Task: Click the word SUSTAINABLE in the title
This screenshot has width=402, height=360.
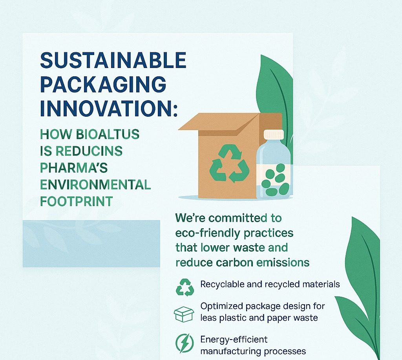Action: (113, 60)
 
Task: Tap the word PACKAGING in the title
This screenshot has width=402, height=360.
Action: (103, 84)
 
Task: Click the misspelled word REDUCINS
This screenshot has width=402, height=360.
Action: (89, 151)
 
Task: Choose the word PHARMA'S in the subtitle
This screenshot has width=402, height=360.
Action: (74, 168)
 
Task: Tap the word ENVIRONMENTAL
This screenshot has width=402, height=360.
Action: (95, 185)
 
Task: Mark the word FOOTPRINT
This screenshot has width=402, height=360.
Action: (77, 202)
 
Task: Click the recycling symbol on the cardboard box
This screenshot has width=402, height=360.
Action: (229, 163)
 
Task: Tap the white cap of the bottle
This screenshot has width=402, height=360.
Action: (274, 134)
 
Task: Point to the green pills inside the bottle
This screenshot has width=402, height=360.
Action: (276, 179)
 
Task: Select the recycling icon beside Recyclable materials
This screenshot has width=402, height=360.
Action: (185, 287)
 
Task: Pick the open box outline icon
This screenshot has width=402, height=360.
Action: (184, 314)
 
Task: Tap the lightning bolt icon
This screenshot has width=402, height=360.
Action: (185, 343)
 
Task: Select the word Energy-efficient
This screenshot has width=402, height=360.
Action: (234, 340)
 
